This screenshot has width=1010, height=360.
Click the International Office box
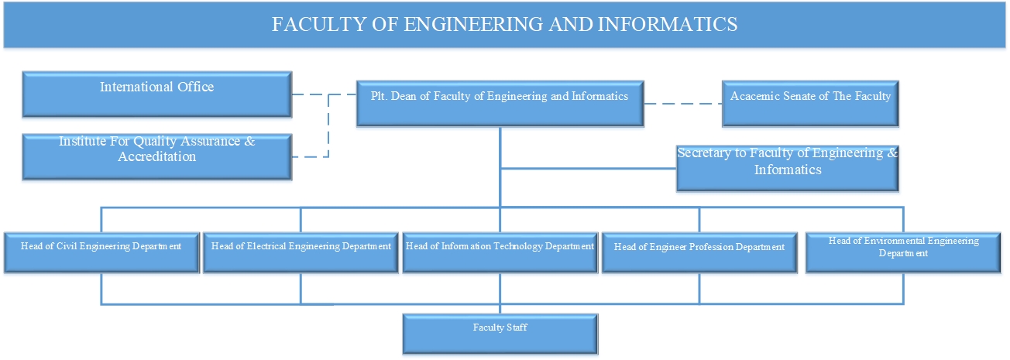pyautogui.click(x=157, y=94)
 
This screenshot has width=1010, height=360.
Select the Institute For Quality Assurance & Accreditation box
pyautogui.click(x=157, y=157)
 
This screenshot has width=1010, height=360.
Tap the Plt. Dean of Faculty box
pyautogui.click(x=500, y=104)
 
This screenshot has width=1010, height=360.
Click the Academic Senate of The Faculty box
pyautogui.click(x=810, y=104)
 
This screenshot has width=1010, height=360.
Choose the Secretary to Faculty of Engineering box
pyautogui.click(x=787, y=169)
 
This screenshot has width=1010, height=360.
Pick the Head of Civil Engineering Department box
pyautogui.click(x=101, y=252)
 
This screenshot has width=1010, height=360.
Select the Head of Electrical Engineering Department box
pyautogui.click(x=301, y=252)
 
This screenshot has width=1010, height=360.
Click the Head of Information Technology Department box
pyautogui.click(x=500, y=252)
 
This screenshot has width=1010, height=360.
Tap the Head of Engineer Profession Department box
pyautogui.click(x=699, y=252)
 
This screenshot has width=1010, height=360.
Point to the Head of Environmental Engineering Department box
pyautogui.click(x=903, y=252)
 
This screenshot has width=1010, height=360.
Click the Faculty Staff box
pyautogui.click(x=500, y=334)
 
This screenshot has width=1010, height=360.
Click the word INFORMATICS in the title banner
pyautogui.click(x=668, y=24)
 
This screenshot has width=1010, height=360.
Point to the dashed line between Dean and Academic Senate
pyautogui.click(x=683, y=104)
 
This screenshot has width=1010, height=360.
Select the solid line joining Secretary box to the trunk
pyautogui.click(x=589, y=169)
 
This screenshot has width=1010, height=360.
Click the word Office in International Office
pyautogui.click(x=196, y=87)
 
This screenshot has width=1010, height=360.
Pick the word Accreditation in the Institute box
pyautogui.click(x=157, y=156)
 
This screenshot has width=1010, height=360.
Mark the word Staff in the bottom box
pyautogui.click(x=517, y=327)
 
